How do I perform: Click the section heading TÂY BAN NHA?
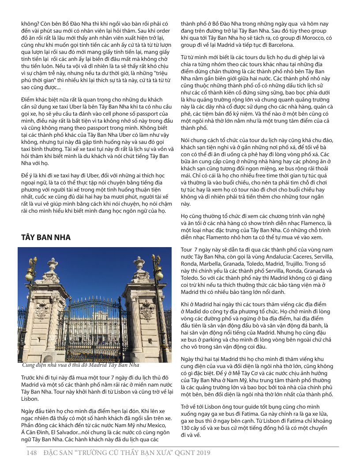pos(46,237)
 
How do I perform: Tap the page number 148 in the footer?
pos(30,453)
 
